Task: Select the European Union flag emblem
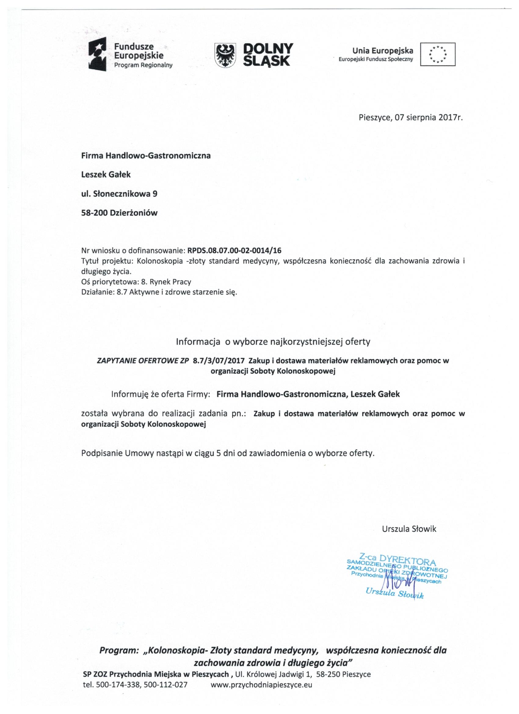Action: pyautogui.click(x=438, y=54)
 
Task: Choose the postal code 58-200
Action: pyautogui.click(x=95, y=213)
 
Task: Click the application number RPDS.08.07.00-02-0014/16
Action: pyautogui.click(x=234, y=251)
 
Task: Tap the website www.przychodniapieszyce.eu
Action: pyautogui.click(x=261, y=684)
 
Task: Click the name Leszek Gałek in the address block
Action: pyautogui.click(x=106, y=174)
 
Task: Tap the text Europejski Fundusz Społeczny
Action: pyautogui.click(x=376, y=59)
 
